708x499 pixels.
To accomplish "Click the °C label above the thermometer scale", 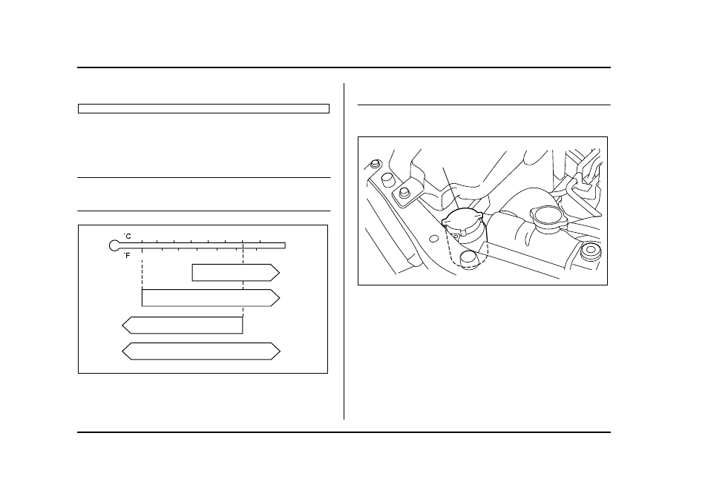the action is [128, 236].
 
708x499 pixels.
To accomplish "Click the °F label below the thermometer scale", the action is [128, 255].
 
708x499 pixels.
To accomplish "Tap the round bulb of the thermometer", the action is [115, 245].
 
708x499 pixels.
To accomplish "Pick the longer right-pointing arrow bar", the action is [211, 298].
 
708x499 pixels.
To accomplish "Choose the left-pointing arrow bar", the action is [183, 325].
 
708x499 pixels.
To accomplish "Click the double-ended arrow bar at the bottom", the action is [201, 351].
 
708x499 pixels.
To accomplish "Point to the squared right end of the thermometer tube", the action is [284, 245].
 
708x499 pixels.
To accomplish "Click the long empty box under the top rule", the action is [203, 109].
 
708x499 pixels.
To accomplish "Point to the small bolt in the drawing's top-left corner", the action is [375, 163].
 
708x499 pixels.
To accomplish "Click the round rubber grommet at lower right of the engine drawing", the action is [591, 251].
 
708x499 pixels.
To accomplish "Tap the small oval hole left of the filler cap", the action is [433, 238].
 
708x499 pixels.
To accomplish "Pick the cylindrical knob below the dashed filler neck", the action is [469, 260].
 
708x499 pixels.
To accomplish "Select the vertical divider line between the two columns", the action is [344, 251].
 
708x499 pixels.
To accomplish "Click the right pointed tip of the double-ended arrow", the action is [280, 351].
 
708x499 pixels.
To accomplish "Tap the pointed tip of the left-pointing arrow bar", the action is [122, 325].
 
